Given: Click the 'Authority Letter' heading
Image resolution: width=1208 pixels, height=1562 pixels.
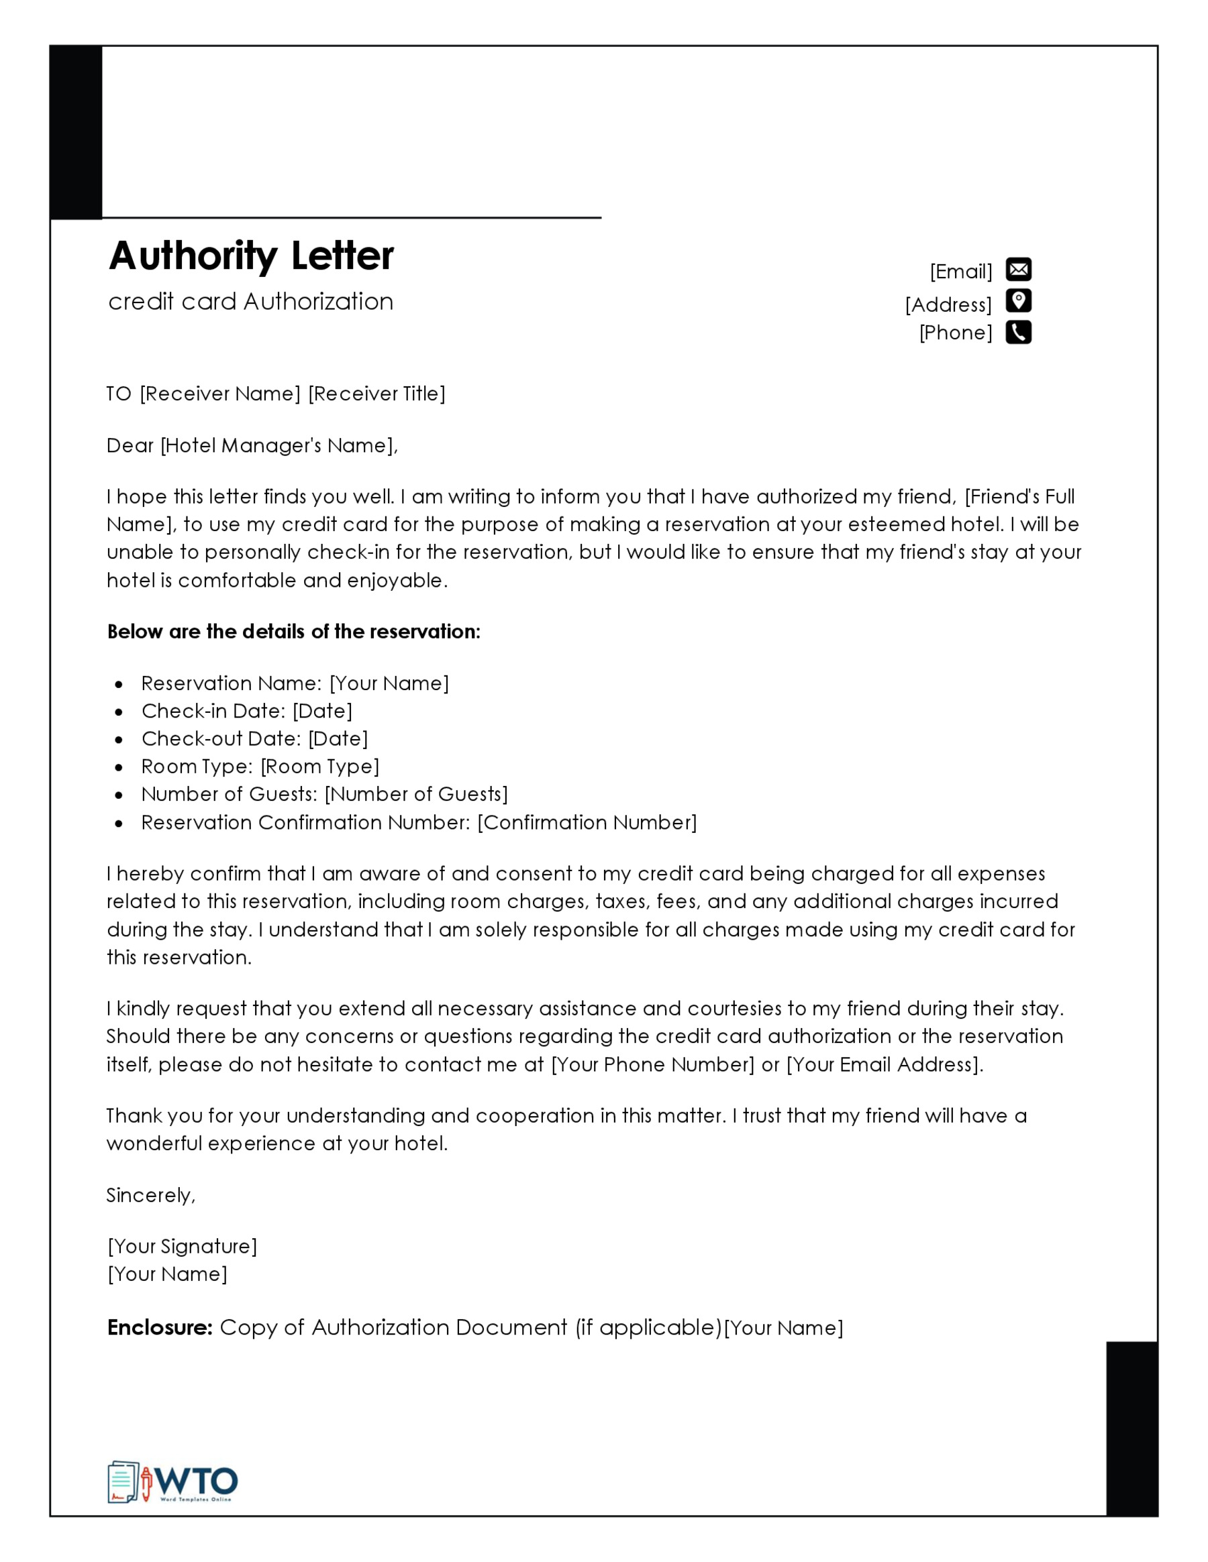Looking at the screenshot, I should (250, 256).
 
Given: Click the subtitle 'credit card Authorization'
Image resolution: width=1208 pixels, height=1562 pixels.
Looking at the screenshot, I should (250, 302).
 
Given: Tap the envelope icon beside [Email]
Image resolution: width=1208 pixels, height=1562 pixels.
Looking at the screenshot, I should (1018, 270).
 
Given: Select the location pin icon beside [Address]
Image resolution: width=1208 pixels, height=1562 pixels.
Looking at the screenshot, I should (1018, 301).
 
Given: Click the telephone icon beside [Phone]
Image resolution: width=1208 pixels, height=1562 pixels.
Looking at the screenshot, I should (1018, 333).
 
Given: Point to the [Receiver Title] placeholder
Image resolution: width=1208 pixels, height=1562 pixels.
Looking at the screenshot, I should (376, 394).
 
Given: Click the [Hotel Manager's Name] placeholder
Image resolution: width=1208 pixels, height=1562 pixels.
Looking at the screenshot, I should (278, 446).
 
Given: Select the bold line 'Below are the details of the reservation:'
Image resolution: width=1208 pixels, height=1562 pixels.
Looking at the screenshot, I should (293, 632).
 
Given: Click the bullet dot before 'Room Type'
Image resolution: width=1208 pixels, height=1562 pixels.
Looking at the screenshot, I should (119, 767).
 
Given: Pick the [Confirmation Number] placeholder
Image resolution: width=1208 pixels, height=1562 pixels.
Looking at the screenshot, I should (587, 822).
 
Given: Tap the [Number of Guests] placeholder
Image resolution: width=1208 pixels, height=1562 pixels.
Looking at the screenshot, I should (417, 795).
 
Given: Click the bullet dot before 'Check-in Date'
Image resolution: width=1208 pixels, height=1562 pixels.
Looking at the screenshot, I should (119, 712).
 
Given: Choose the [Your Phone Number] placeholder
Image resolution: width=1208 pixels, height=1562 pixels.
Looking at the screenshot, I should (653, 1065).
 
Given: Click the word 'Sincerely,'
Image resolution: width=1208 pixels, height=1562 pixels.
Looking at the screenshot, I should (150, 1196).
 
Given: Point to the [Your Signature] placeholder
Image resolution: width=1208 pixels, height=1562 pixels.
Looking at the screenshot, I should (182, 1247).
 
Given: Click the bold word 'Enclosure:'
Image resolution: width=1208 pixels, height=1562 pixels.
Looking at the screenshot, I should (160, 1327).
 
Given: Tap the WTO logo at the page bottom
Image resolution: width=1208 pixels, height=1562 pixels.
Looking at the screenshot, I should (172, 1483).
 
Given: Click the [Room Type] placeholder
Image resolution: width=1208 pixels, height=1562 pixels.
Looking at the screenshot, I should (320, 767).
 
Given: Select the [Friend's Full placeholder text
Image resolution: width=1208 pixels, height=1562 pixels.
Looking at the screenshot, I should (1020, 497).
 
